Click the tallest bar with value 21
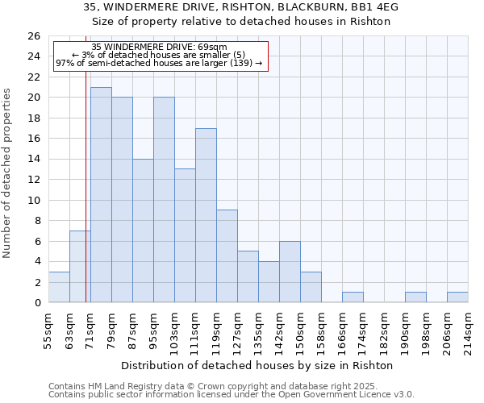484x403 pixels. [x=101, y=194]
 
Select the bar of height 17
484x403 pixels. [x=206, y=215]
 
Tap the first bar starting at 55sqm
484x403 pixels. [x=59, y=287]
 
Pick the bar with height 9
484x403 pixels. [x=227, y=256]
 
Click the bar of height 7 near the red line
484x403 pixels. [x=79, y=267]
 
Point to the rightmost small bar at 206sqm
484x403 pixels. [x=457, y=297]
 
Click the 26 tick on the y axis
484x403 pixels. [x=33, y=36]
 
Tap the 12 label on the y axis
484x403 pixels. [x=33, y=180]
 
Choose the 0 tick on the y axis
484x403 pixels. [x=36, y=303]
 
